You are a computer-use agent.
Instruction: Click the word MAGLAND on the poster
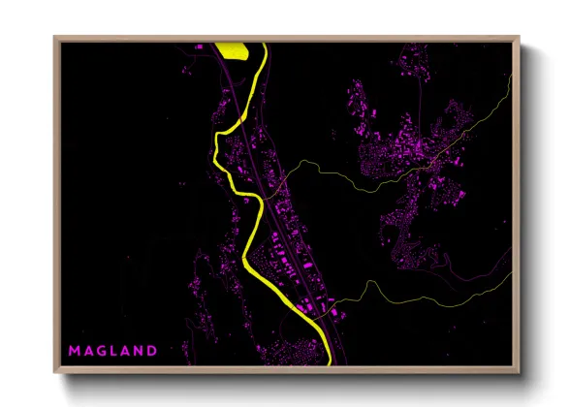[111, 349]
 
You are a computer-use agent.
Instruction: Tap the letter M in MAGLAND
[74, 349]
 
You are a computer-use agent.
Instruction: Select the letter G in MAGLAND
[100, 349]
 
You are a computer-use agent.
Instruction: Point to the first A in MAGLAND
[87, 349]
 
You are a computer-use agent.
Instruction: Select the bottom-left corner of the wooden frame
[55, 373]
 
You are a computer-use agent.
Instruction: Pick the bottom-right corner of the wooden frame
[519, 373]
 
